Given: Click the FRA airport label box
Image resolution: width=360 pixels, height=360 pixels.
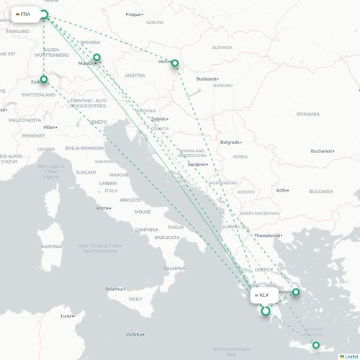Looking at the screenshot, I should tap(24, 14).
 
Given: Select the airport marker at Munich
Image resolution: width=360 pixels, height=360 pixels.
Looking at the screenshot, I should tap(96, 58).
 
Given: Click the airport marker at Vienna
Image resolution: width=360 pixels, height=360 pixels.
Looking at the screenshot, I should tap(174, 63).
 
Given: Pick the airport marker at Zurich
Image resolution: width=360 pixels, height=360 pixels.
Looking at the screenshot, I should tap(44, 79).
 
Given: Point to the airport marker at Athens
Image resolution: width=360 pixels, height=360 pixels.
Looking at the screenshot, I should tap(295, 292).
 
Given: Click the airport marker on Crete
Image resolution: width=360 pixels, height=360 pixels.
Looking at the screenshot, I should tap(315, 346).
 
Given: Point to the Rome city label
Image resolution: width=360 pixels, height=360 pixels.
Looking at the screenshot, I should tap(103, 208).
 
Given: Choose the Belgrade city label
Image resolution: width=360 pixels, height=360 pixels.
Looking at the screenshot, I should tap(230, 142).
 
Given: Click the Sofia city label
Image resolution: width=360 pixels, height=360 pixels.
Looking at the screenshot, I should tap(282, 190).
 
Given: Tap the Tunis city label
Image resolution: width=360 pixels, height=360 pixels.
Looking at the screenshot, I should tap(66, 316).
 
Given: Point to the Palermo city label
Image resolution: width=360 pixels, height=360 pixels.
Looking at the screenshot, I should tap(114, 289).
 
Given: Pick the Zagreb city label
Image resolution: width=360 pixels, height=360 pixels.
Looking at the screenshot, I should tap(158, 119).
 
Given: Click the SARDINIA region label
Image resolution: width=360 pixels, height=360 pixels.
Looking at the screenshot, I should tap(51, 246).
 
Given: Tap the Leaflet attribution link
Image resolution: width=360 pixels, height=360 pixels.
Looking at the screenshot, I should tap(349, 356).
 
